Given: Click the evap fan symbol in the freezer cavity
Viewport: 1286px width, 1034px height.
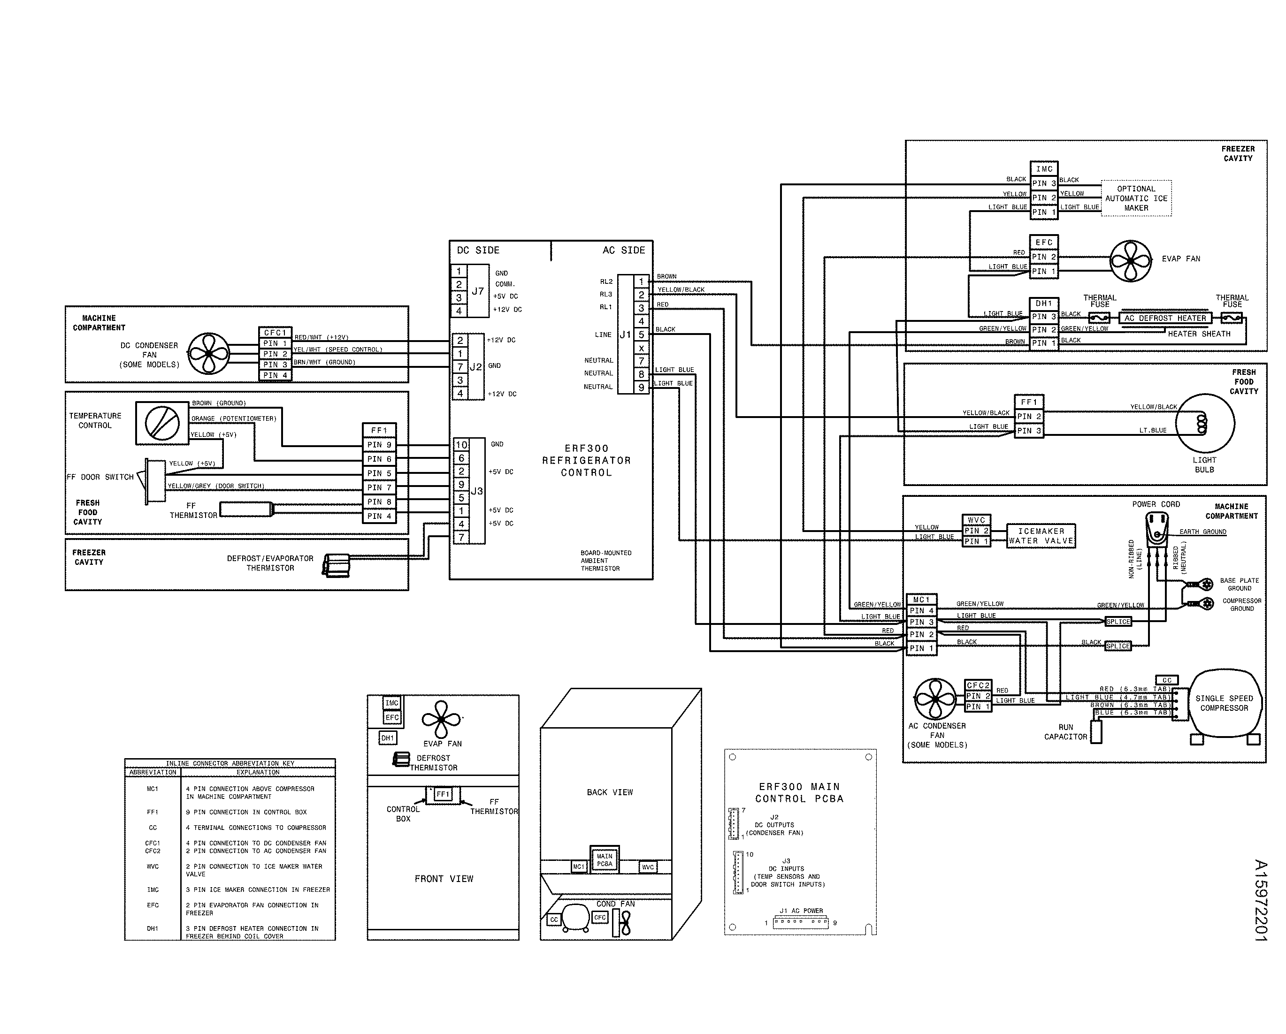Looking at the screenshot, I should tap(1130, 260).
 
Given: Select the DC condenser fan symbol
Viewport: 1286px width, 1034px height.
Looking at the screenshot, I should tap(208, 354).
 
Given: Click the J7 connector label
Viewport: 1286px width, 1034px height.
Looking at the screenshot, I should tap(478, 292).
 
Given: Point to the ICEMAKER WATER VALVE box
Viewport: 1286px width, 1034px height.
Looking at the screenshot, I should tap(1041, 535).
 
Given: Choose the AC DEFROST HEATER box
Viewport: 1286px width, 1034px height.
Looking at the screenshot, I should tap(1165, 318).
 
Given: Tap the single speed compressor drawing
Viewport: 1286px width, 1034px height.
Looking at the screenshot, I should tap(1224, 705).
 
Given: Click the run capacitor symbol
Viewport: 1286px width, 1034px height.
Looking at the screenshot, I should tap(1096, 732).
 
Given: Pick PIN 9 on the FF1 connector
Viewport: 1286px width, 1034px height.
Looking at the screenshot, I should tap(379, 445).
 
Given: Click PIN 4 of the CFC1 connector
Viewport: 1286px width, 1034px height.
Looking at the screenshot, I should tap(275, 375).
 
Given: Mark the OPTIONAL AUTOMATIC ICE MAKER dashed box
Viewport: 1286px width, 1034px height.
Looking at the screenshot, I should tap(1136, 198).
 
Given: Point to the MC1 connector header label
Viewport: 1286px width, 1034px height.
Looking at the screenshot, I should tap(921, 599).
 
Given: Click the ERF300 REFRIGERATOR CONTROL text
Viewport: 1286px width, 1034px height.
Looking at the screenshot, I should tap(586, 460).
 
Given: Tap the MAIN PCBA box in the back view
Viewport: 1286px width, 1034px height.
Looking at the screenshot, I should tap(604, 860).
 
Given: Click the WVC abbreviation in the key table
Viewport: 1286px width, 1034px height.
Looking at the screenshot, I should tap(153, 867).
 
